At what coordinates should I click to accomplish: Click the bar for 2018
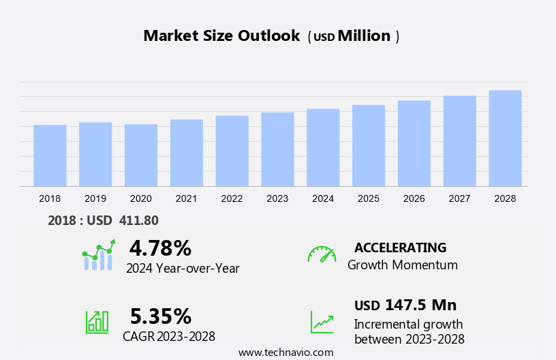(50, 155)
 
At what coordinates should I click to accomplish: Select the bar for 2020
(141, 155)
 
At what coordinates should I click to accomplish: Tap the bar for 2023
(277, 149)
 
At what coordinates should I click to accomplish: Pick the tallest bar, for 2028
(505, 138)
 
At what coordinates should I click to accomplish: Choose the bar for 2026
(414, 143)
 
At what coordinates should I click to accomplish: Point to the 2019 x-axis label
(95, 198)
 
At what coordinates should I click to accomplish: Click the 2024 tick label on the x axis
(323, 198)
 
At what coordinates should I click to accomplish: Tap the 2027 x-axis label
(460, 198)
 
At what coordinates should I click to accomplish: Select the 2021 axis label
(186, 198)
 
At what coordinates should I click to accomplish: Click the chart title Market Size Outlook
(221, 36)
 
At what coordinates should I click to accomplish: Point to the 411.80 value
(138, 220)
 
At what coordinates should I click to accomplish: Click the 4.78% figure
(160, 247)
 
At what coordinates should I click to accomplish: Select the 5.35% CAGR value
(160, 316)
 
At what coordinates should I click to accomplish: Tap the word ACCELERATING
(400, 247)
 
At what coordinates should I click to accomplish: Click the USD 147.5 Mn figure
(405, 305)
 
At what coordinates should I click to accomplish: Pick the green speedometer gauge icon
(322, 254)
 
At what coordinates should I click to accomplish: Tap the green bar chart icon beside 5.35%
(97, 321)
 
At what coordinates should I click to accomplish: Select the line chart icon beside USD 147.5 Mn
(322, 322)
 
